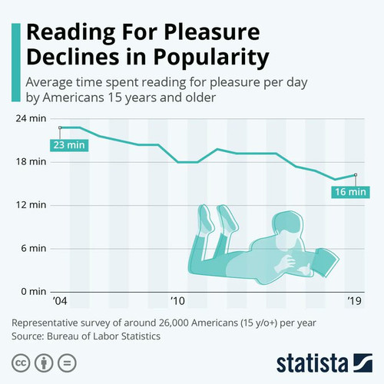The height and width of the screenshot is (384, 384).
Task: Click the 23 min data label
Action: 69,145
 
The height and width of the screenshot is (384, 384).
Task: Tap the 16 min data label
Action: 350,192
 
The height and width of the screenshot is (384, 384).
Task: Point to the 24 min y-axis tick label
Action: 31,118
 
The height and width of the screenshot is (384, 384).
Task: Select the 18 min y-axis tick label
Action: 31,162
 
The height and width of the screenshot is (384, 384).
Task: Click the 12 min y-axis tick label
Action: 31,205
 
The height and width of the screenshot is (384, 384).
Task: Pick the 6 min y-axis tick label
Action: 34,248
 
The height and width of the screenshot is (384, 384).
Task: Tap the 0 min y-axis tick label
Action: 34,292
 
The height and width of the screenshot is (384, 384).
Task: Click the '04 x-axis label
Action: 60,301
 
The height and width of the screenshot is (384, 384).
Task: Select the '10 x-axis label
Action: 177,301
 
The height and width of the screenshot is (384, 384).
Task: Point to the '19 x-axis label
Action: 355,301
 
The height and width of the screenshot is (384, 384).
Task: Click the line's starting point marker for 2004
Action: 60,127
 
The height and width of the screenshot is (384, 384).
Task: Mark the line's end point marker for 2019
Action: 356,174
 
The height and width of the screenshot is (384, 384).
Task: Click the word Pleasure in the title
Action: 212,32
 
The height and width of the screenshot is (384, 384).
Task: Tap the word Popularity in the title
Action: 211,57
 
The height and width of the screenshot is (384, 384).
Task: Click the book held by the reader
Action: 325,262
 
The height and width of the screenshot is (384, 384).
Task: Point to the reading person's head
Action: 287,230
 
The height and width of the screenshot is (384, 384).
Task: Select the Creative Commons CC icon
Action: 21,363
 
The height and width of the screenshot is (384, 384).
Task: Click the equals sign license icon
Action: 67,363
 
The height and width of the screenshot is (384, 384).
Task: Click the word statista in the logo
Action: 313,363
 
